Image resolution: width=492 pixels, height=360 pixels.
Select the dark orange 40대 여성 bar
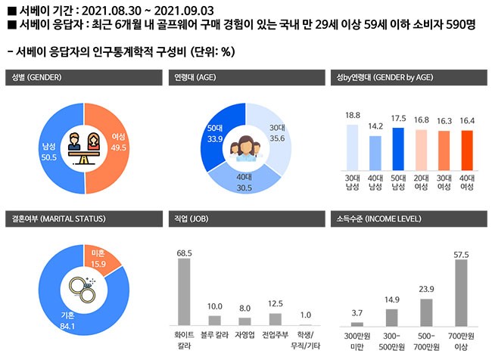pos(466,151)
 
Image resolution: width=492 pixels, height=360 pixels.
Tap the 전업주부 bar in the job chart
pos(275,318)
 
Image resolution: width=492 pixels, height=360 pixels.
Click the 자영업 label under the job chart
pos(244,332)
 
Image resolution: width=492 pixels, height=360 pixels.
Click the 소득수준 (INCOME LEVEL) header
pos(376,219)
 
